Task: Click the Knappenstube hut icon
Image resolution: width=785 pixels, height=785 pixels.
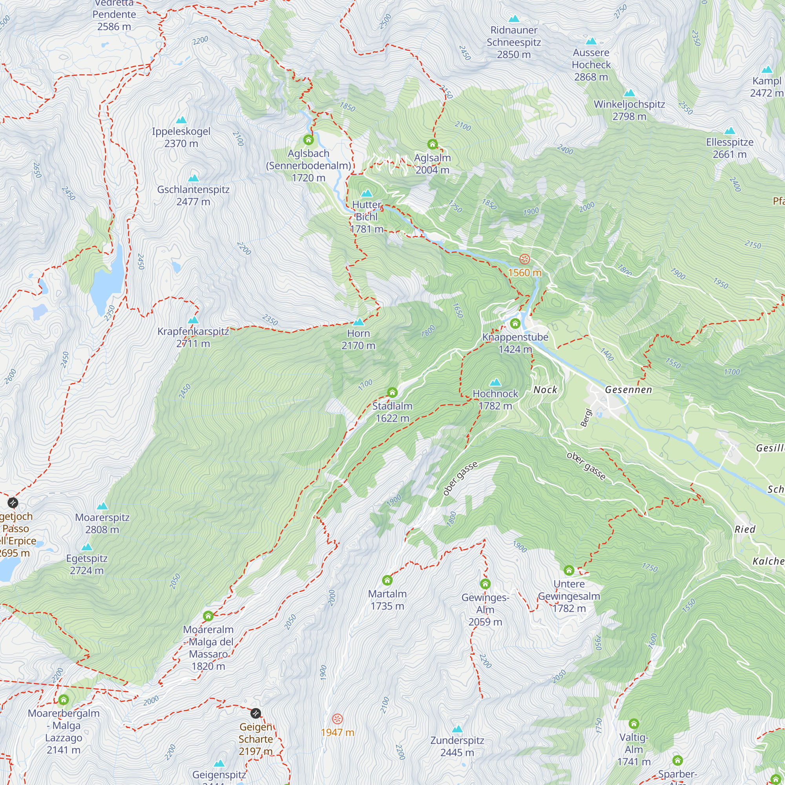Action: (515, 323)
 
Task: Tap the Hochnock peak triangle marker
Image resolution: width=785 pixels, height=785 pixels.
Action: (495, 382)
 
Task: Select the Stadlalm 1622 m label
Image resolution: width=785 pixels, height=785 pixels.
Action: (392, 412)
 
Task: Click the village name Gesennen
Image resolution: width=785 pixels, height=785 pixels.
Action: (628, 390)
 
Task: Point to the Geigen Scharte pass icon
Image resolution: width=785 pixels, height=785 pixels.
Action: (256, 713)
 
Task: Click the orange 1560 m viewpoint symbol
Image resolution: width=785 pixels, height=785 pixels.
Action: (524, 259)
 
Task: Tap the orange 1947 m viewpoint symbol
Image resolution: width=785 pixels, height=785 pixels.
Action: (337, 719)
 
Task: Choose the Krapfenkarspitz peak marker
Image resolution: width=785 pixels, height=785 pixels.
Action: (194, 320)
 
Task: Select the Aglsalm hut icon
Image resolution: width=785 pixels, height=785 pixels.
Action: (432, 144)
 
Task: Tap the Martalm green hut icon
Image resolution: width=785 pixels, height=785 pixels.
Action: (387, 580)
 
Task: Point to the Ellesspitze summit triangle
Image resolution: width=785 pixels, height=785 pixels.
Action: (730, 131)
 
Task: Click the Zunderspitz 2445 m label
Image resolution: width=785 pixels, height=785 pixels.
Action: (457, 747)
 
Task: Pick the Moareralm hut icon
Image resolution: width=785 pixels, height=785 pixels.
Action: (208, 616)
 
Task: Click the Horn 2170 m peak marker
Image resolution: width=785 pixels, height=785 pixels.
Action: (358, 322)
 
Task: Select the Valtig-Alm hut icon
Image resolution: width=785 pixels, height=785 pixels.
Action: (634, 724)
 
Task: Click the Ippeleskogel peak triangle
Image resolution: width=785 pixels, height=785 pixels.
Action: (181, 120)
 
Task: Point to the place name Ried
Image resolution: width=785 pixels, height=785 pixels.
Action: (745, 529)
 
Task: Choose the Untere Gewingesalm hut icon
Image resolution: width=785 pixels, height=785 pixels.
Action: (569, 570)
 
